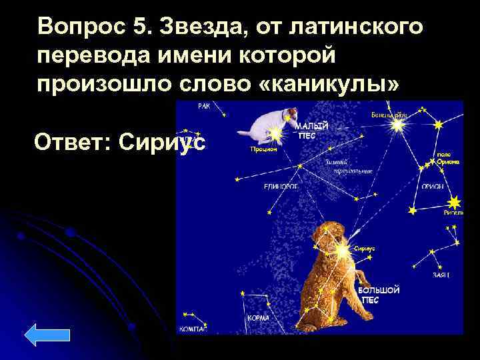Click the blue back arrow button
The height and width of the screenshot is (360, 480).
[47, 335]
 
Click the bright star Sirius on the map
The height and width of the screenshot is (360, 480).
[343, 252]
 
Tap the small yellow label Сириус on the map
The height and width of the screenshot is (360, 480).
[365, 247]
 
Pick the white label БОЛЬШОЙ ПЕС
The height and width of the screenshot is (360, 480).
[379, 295]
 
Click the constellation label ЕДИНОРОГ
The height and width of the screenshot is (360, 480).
[280, 187]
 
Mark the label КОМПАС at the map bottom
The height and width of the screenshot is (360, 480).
[194, 329]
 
